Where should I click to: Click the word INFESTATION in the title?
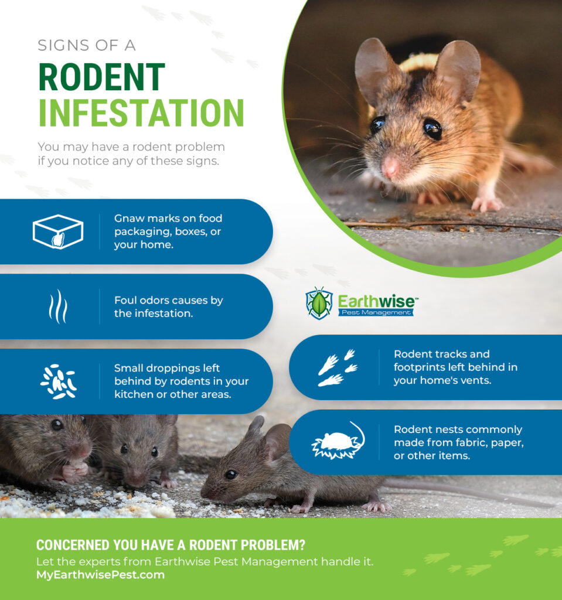click(141, 113)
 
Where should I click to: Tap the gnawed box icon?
click(57, 231)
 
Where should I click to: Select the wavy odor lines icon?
click(57, 306)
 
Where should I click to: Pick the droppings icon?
click(58, 381)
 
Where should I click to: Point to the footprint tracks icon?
click(338, 368)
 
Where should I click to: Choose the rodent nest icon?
click(338, 442)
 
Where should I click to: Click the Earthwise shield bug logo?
click(319, 303)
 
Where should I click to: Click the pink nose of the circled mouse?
click(390, 168)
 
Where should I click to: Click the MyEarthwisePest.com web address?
click(100, 575)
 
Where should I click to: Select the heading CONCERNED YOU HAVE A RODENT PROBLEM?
click(171, 545)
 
